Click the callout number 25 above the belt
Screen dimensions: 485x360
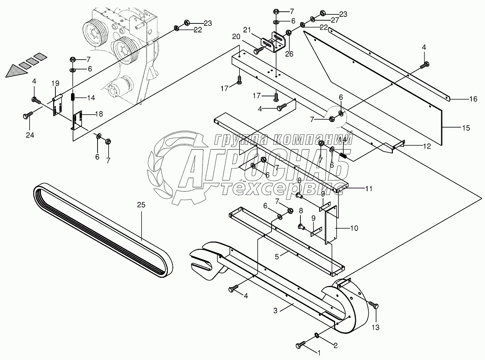pyautogui.click(x=141, y=204)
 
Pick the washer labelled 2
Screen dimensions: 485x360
pyautogui.click(x=316, y=335)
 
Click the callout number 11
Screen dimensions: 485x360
pyautogui.click(x=369, y=188)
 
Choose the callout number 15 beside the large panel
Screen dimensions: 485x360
pyautogui.click(x=466, y=128)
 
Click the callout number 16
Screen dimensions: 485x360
pyautogui.click(x=473, y=99)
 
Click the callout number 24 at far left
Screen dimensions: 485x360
pyautogui.click(x=30, y=135)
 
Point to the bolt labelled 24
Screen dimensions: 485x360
pyautogui.click(x=27, y=115)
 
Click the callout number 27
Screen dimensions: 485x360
pyautogui.click(x=335, y=20)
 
